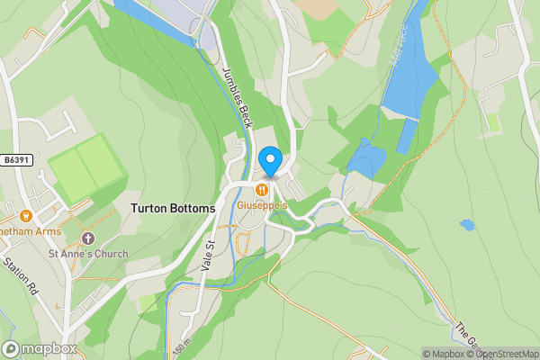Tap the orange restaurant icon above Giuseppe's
click(262, 190)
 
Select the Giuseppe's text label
click(262, 205)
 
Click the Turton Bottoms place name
click(173, 208)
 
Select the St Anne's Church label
click(88, 254)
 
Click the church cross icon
click(88, 238)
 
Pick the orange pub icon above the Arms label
click(25, 215)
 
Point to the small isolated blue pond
click(466, 224)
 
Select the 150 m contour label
click(184, 346)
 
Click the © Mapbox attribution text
click(445, 354)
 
